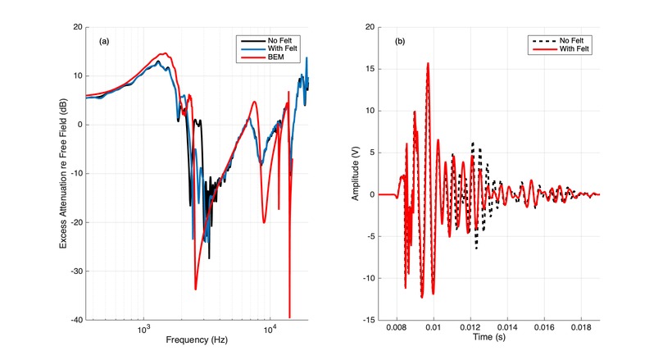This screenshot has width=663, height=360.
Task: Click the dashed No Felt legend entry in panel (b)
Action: [573, 40]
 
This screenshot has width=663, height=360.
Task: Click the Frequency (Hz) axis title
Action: [198, 339]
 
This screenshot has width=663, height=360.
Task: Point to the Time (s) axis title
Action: [489, 338]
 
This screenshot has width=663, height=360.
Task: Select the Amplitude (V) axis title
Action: [356, 174]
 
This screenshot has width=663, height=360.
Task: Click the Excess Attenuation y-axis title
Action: [64, 174]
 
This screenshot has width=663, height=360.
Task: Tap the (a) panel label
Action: [104, 40]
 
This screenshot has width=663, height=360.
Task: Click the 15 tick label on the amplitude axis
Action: [372, 69]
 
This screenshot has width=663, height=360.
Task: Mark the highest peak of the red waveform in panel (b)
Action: [428, 63]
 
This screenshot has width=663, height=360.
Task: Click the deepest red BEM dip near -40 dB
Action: [289, 316]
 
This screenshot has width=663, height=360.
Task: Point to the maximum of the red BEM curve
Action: [164, 54]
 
